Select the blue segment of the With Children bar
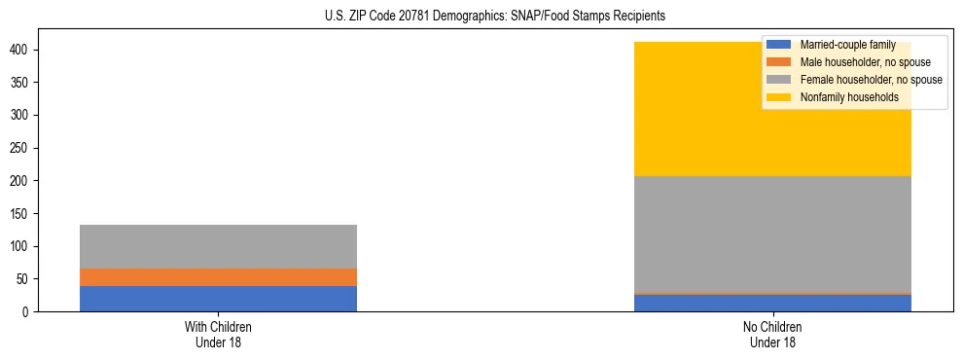click(218, 299)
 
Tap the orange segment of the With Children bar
click(218, 277)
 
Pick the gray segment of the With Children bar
click(218, 246)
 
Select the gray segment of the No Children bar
click(772, 234)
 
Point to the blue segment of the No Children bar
click(772, 303)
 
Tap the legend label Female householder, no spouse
click(871, 80)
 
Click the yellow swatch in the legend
click(779, 97)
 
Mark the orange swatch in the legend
click(779, 62)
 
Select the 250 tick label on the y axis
click(22, 148)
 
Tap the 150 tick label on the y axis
click(22, 213)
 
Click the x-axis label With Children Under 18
click(218, 334)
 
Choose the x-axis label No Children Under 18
click(772, 334)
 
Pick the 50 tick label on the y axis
click(26, 279)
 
